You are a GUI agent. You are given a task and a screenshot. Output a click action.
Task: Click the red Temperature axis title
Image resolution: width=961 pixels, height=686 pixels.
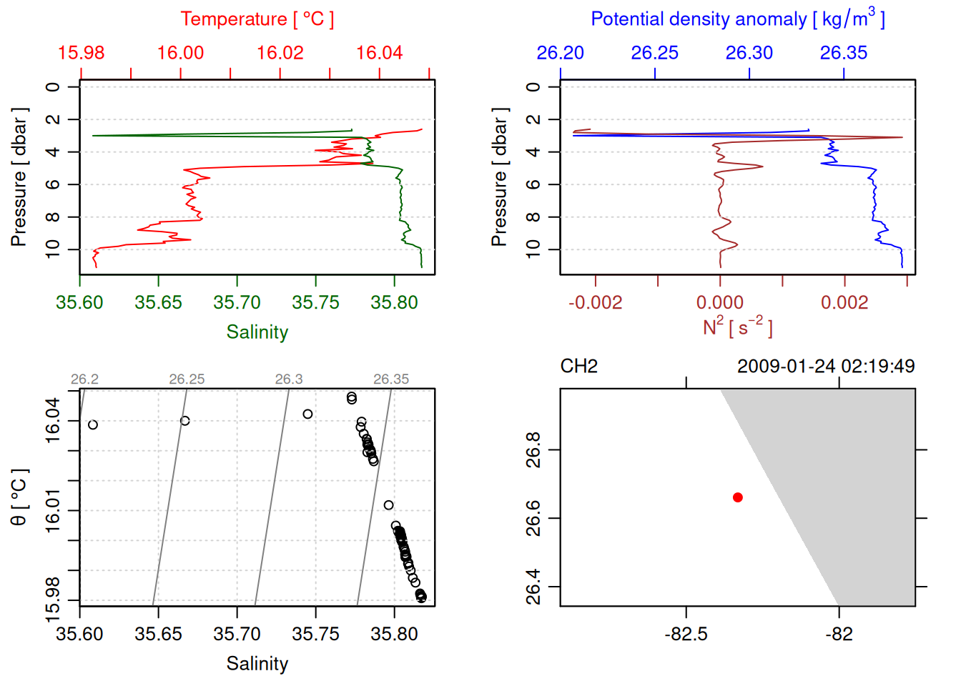click(257, 19)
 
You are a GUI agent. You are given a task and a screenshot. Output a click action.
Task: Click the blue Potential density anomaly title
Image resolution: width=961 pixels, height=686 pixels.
click(737, 19)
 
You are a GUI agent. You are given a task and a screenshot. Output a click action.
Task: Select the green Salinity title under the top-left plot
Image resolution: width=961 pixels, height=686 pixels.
click(257, 332)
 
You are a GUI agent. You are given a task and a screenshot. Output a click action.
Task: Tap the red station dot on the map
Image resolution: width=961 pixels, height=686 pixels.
click(737, 497)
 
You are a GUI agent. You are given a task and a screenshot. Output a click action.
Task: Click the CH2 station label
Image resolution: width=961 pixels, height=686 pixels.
click(578, 367)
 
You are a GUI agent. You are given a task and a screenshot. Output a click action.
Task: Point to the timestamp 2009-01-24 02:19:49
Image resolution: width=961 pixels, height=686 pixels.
click(825, 367)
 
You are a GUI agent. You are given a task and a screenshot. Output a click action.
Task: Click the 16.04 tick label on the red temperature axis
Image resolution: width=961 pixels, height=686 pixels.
click(379, 53)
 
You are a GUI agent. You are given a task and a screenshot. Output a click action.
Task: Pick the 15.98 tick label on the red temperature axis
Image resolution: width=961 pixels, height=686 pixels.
click(81, 53)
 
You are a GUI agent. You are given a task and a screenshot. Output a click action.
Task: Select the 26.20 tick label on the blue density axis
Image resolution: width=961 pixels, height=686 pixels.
click(560, 53)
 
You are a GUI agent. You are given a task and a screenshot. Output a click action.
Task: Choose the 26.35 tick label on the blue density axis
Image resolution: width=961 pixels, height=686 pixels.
click(843, 53)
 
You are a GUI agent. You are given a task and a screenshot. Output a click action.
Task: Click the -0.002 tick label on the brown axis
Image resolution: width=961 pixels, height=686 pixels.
click(595, 303)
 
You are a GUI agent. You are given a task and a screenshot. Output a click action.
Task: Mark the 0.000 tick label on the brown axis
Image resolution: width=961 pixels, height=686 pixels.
click(719, 303)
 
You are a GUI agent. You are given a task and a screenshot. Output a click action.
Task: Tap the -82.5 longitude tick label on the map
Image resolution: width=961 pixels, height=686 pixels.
click(686, 635)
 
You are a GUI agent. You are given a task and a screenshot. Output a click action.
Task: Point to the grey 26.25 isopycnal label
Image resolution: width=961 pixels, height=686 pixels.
click(187, 379)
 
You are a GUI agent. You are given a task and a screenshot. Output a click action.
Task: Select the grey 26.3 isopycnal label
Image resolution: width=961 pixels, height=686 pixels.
click(289, 379)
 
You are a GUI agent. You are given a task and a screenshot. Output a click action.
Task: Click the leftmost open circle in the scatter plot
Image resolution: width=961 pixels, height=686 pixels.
click(93, 425)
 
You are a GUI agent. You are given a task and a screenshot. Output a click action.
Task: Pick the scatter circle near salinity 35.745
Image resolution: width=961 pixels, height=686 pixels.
click(307, 414)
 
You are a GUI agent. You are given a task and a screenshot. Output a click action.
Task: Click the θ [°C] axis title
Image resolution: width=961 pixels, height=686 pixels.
click(19, 497)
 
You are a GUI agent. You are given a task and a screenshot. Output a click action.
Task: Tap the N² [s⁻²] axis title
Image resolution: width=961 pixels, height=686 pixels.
click(737, 327)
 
